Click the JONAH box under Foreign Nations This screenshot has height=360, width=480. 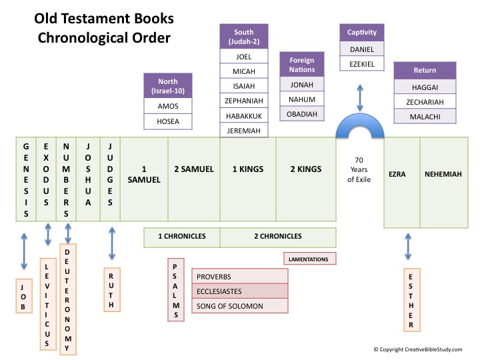pyautogui.click(x=302, y=85)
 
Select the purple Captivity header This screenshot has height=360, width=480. pyautogui.click(x=362, y=32)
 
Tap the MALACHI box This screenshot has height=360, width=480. pyautogui.click(x=425, y=116)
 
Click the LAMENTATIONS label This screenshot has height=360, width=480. pyautogui.click(x=309, y=258)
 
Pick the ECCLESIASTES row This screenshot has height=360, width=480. pyautogui.click(x=239, y=291)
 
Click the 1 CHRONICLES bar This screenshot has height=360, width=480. pyautogui.click(x=181, y=236)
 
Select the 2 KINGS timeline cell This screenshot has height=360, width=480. pyautogui.click(x=305, y=169)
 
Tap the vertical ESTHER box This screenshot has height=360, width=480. pyautogui.click(x=411, y=301)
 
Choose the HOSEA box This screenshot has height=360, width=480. pyautogui.click(x=167, y=121)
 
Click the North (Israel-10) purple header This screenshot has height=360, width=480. pyautogui.click(x=167, y=86)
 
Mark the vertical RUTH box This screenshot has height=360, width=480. pyautogui.click(x=111, y=289)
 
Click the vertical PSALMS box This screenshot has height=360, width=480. pyautogui.click(x=176, y=289)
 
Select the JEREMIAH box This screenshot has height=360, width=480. pyautogui.click(x=243, y=130)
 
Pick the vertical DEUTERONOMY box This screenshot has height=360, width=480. pyautogui.click(x=68, y=297)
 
